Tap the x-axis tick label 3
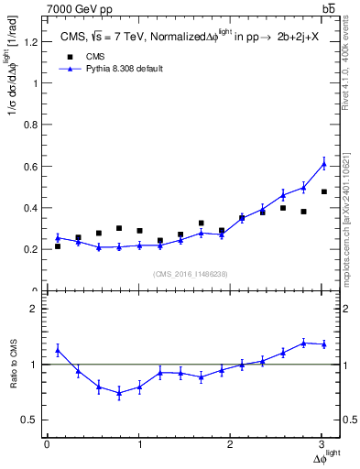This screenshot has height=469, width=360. (x=322, y=444)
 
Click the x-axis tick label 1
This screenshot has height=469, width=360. (x=139, y=444)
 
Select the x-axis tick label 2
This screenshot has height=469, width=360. (x=231, y=444)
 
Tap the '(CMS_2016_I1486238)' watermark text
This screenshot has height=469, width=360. (x=191, y=273)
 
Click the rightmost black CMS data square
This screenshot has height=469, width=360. (x=323, y=191)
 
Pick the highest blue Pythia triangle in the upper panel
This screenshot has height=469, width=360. (x=323, y=163)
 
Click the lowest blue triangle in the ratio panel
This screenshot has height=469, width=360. (x=119, y=393)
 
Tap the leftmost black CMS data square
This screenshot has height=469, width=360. (x=58, y=246)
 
